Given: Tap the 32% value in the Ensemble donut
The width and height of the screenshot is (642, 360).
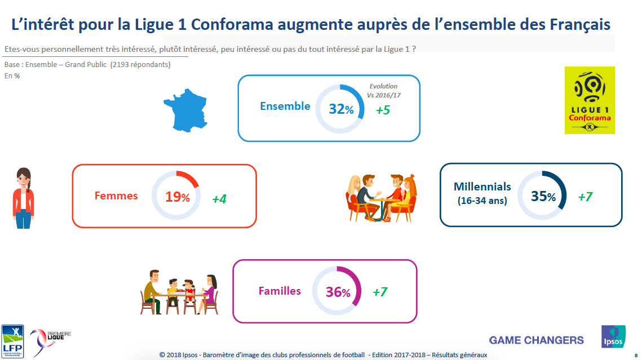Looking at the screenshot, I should point(341,109).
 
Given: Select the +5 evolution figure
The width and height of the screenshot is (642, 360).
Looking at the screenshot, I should point(383,110).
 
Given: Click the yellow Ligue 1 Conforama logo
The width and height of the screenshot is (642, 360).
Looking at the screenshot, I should point(590,100).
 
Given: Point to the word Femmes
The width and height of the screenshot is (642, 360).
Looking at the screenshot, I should point(116,196).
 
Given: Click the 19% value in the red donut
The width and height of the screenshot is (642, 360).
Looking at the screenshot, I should point(177,197).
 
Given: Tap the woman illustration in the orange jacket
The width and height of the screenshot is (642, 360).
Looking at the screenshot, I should point(23,198).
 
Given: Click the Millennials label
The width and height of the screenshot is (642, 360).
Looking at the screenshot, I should point(482,186).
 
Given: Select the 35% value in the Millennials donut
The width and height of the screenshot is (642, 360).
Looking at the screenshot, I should point(543,196).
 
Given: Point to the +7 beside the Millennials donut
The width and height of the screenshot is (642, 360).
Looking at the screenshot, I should point(585,197).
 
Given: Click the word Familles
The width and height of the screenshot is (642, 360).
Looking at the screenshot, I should point(280,291).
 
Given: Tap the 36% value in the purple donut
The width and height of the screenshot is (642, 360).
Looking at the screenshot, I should point(338,292).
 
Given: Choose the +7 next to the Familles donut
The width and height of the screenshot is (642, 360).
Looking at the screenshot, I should point(380,292).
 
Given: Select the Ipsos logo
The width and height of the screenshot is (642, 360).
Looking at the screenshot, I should point(613,337).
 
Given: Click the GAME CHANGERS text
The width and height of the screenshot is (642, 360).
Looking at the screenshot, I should point(536,340).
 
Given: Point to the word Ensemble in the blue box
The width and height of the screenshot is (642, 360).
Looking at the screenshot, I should point(285,106).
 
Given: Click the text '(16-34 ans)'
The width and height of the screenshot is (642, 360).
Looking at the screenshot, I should point(482,201).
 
